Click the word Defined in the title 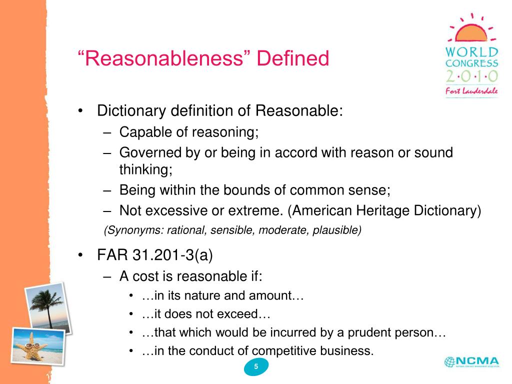point(293,58)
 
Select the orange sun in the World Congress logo point(471,32)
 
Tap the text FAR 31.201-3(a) point(155,255)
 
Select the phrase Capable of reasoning point(188,132)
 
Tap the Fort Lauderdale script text point(471,91)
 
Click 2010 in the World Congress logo point(471,76)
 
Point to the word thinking point(145,169)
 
